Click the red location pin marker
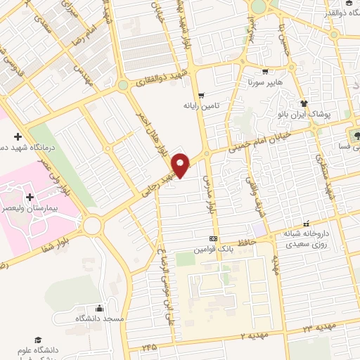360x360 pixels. click(x=181, y=165)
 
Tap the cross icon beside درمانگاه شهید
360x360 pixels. click(x=18, y=136)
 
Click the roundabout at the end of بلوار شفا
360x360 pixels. click(x=91, y=226)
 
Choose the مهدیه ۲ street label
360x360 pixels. click(x=255, y=337)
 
